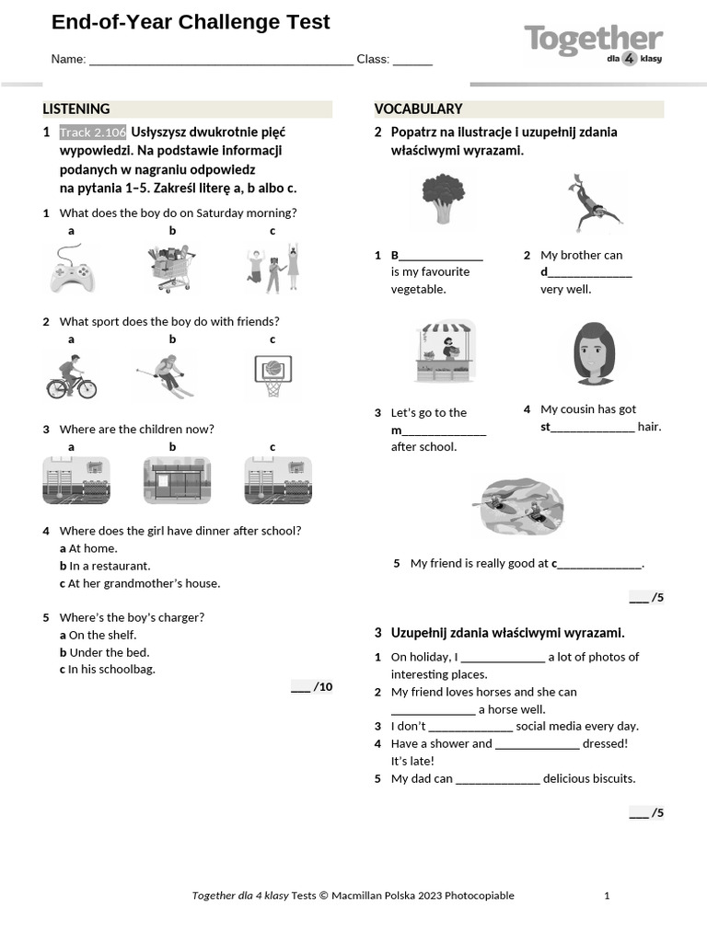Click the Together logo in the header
coord(593,44)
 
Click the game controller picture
coord(72,270)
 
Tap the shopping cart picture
coord(172,269)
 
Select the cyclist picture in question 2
coord(72,377)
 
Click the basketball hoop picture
coord(272,375)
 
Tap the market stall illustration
coord(445,351)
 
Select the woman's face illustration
coord(594,354)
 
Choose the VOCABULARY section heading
coord(418,109)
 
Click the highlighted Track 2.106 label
coord(93,132)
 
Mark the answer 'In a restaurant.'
coord(110,566)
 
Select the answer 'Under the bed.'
coord(109,652)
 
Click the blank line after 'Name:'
coord(221,60)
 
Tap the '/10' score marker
coord(312,686)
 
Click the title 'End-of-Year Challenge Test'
coord(191,22)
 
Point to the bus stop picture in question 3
coord(176,480)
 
